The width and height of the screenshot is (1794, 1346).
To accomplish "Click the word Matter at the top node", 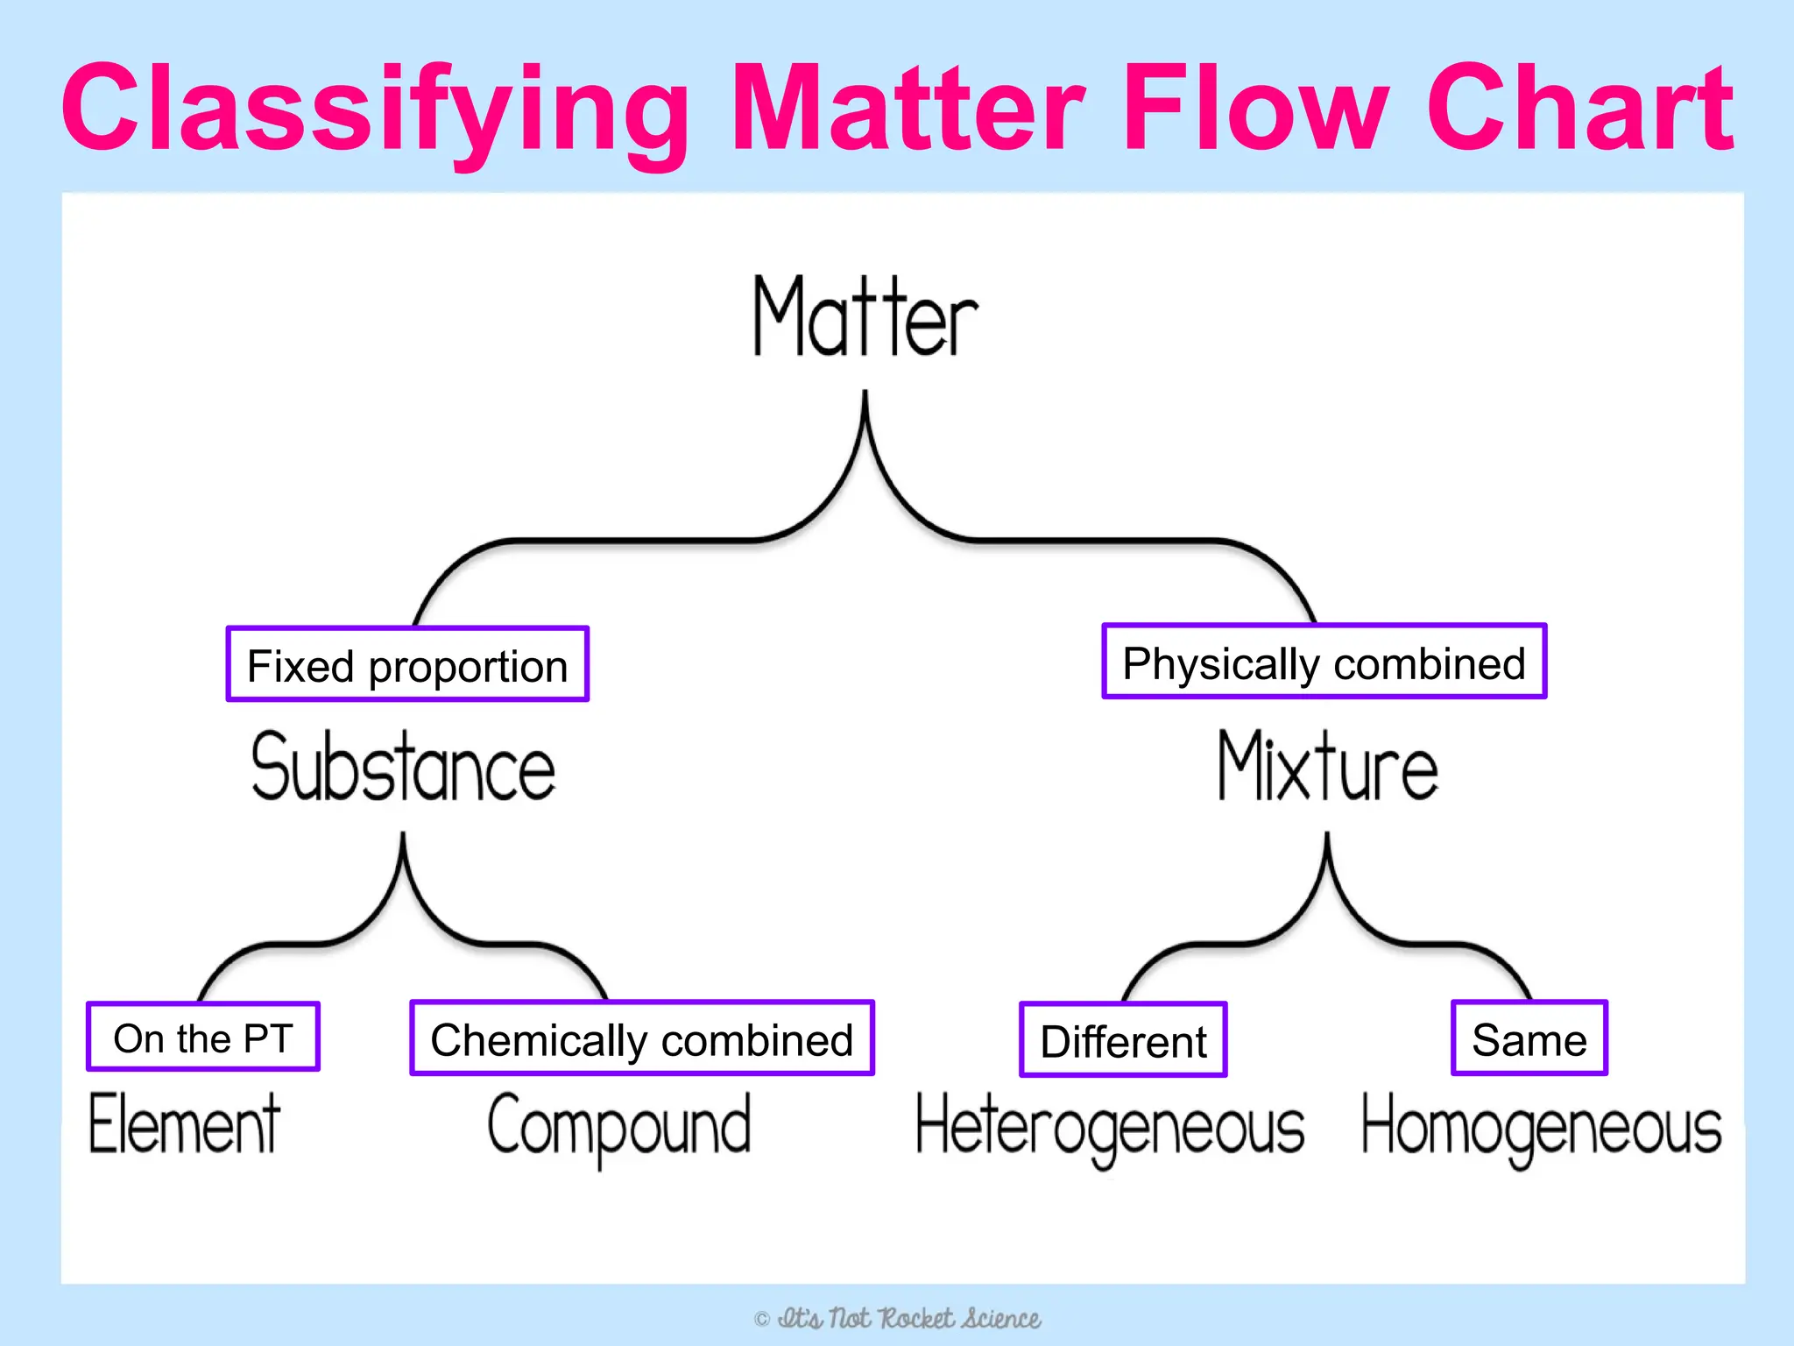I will click(x=865, y=317).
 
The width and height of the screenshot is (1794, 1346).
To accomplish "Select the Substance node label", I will click(x=404, y=768).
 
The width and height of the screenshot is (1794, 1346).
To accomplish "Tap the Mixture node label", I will click(x=1328, y=768).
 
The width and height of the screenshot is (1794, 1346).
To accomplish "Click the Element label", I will click(x=185, y=1125).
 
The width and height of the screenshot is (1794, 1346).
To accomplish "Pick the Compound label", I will click(x=619, y=1127).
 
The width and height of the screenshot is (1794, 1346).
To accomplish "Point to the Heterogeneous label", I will click(x=1110, y=1129).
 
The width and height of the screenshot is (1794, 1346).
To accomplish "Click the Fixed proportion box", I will click(x=407, y=665).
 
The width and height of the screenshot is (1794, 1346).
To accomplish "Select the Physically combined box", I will click(x=1324, y=662).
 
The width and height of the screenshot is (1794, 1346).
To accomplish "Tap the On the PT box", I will click(x=203, y=1038).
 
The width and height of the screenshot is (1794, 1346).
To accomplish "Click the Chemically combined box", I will click(x=642, y=1039).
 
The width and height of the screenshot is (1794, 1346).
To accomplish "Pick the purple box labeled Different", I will click(x=1123, y=1041).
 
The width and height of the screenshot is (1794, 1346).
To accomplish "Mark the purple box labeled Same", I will click(x=1529, y=1039).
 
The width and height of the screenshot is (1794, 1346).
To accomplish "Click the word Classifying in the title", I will click(x=375, y=110).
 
